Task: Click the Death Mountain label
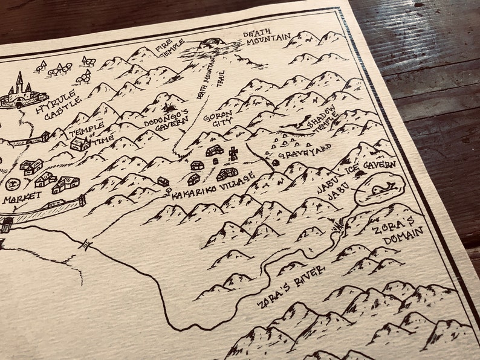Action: click(267, 36)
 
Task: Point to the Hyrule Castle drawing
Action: click(22, 92)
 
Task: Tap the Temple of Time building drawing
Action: click(80, 144)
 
